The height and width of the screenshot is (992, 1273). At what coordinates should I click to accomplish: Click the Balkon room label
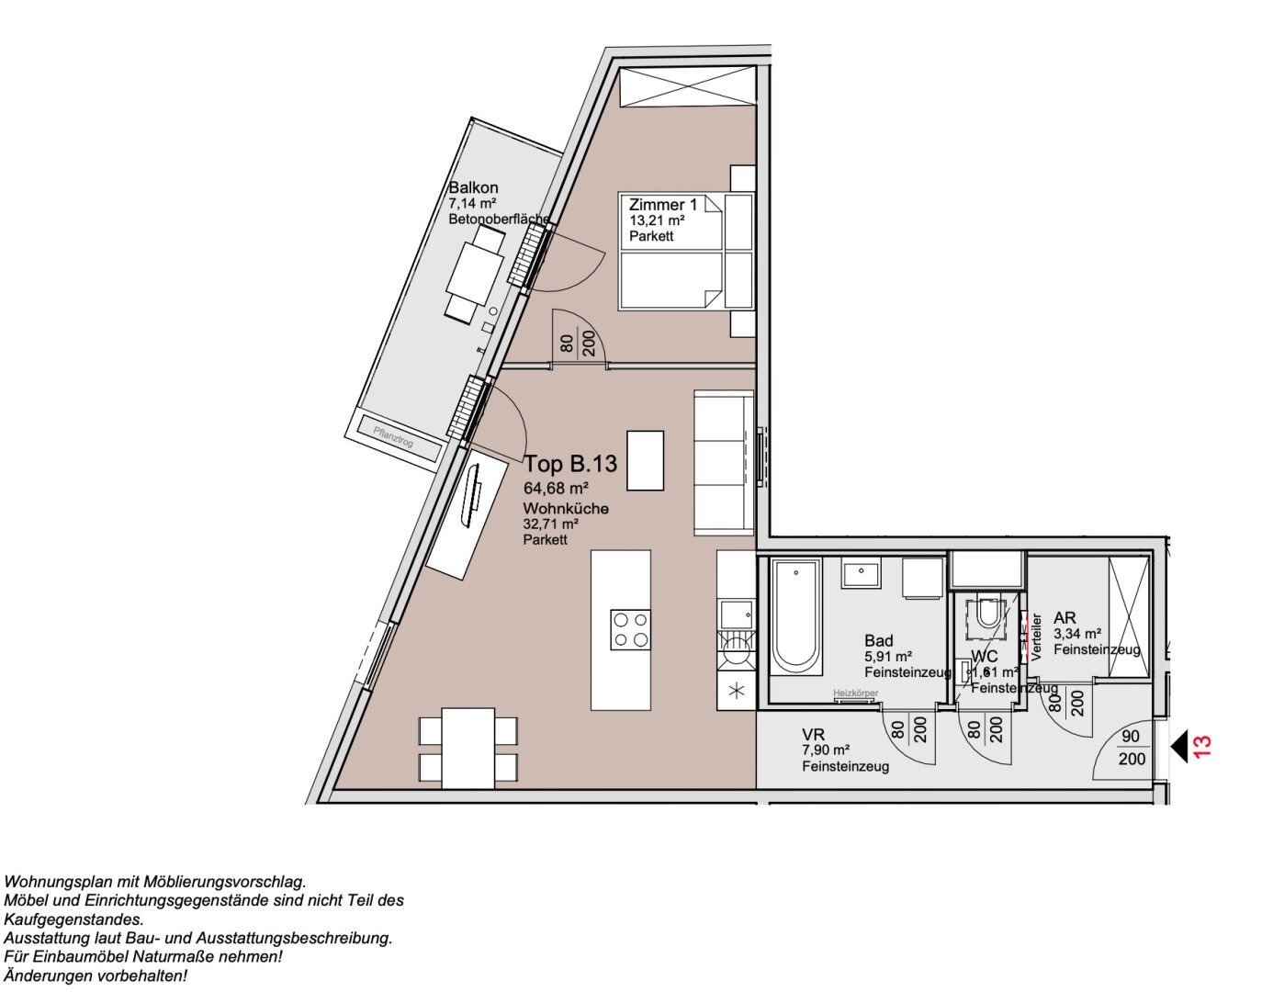pos(473,187)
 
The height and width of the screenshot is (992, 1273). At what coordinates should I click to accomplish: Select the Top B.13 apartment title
pos(570,464)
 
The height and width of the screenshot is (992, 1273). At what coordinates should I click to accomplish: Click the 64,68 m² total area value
pos(556,489)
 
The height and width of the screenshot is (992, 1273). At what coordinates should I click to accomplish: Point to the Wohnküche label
pos(566,509)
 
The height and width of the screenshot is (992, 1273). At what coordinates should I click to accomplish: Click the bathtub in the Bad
pos(795,617)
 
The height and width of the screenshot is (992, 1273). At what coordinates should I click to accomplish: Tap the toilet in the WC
pos(988,613)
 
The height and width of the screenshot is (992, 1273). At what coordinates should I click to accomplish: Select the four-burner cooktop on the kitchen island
pos(631,629)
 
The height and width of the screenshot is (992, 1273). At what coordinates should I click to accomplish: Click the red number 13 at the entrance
pos(1202,745)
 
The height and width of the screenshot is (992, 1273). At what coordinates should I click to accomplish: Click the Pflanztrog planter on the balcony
pos(393,437)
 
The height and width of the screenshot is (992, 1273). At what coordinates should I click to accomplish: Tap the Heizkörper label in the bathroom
pos(854,693)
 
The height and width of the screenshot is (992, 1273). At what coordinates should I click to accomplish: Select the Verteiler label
pos(1037,637)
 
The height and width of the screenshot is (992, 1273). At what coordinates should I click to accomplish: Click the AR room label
pos(1065,618)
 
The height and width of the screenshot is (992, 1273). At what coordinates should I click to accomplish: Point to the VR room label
pos(813,735)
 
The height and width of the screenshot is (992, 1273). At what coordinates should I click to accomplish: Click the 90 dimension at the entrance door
pos(1131,737)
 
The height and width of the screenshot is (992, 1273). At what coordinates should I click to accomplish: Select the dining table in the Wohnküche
pos(468,748)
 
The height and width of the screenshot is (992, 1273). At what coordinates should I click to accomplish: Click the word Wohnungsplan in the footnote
pos(54,882)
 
